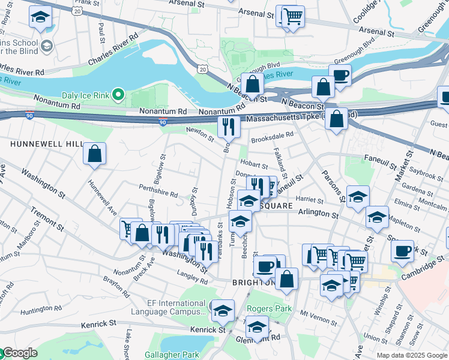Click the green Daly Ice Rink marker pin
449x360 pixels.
[119, 95]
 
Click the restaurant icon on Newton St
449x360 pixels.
[229, 127]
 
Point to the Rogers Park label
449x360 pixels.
[269, 309]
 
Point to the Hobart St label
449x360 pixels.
[253, 164]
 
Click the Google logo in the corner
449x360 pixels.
[19, 353]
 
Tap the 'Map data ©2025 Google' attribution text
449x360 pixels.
[411, 355]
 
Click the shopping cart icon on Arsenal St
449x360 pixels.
[292, 16]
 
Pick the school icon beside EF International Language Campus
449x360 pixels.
[223, 310]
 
